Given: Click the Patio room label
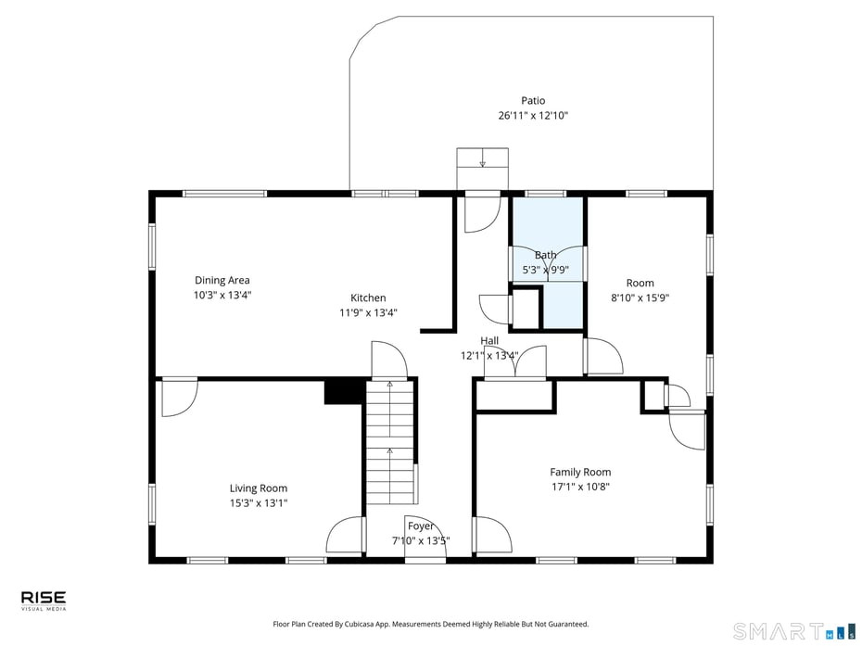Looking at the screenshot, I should point(533,101).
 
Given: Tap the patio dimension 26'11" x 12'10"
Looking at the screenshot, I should point(533,116).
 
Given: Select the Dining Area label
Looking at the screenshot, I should point(222,281).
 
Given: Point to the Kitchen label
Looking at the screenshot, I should point(368,298).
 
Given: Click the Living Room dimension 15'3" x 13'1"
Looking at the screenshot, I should point(259,503).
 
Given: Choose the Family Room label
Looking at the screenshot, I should point(580,472).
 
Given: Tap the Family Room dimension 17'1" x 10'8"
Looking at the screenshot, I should point(580,487).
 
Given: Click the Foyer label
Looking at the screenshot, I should point(421,526).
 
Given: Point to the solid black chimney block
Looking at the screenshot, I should point(342,392).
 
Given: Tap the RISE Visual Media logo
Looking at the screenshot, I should point(44,602).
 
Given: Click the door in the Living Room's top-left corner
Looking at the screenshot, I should point(177,397).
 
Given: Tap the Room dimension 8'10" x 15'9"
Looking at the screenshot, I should point(640,298).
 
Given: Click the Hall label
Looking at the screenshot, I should point(489,341).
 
